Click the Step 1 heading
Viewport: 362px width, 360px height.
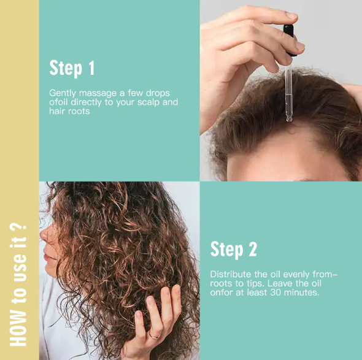[72, 67]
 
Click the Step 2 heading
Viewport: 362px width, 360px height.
[233, 249]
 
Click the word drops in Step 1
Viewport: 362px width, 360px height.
[158, 93]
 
